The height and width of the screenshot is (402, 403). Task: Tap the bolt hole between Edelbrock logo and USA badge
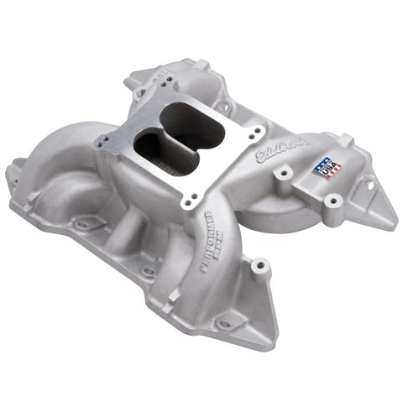click(x=286, y=171)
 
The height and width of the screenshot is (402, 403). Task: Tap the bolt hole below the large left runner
click(x=83, y=225)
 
